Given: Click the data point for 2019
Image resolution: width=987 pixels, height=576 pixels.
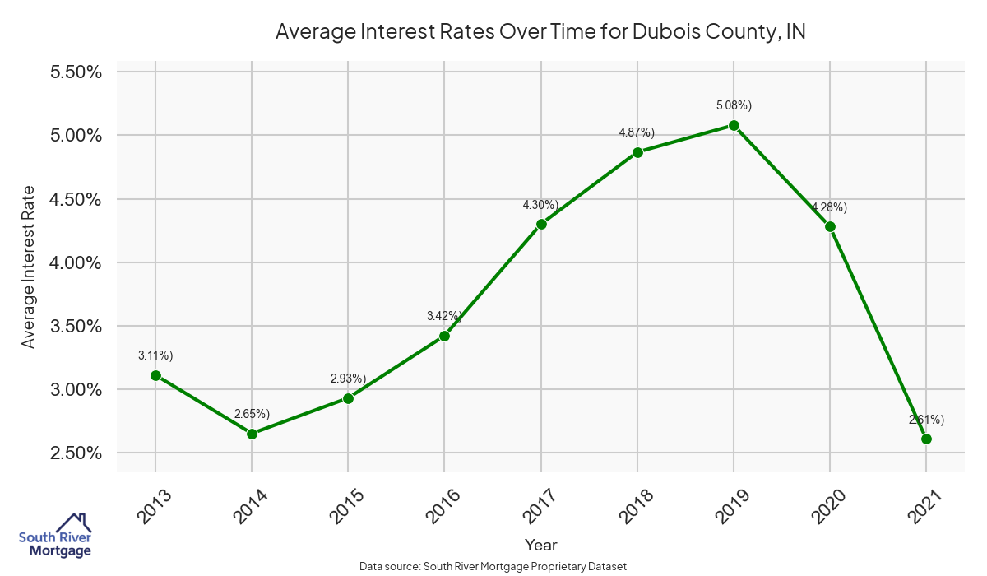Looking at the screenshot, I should pyautogui.click(x=734, y=126).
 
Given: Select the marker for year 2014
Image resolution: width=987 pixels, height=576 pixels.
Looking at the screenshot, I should pyautogui.click(x=252, y=434).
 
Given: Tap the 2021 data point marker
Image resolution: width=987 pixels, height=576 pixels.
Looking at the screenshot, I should pyautogui.click(x=926, y=439).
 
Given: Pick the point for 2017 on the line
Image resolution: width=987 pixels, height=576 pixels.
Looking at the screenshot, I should pyautogui.click(x=541, y=224).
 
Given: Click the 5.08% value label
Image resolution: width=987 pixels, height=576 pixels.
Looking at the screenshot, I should pyautogui.click(x=734, y=105).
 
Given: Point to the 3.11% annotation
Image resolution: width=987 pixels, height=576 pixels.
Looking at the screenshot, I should pyautogui.click(x=155, y=355).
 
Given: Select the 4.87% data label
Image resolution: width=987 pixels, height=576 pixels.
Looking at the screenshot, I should pyautogui.click(x=637, y=132).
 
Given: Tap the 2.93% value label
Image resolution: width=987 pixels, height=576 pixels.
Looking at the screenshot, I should pyautogui.click(x=348, y=379).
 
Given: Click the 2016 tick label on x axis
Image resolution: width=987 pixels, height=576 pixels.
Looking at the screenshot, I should pyautogui.click(x=444, y=504).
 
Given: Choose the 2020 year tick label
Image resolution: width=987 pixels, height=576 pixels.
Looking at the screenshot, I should pyautogui.click(x=829, y=504).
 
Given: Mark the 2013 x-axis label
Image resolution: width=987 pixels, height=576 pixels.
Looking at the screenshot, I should pyautogui.click(x=155, y=504).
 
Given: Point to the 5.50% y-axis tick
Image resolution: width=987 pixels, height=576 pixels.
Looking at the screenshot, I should pyautogui.click(x=76, y=72).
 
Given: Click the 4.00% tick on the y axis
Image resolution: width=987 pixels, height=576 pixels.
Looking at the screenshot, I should pyautogui.click(x=76, y=262).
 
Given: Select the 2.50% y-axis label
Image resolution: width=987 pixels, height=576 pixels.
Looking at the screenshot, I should pyautogui.click(x=76, y=453).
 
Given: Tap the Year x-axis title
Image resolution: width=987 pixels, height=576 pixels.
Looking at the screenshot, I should pyautogui.click(x=541, y=545).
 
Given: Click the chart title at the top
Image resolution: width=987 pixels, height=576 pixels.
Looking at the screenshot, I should pyautogui.click(x=540, y=32).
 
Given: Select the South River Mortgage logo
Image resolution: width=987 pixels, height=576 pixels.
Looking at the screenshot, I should pyautogui.click(x=55, y=536).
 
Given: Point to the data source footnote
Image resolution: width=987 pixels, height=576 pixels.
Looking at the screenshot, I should pyautogui.click(x=493, y=566).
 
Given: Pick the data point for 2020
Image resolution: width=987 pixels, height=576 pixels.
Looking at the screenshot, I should pyautogui.click(x=830, y=226).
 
